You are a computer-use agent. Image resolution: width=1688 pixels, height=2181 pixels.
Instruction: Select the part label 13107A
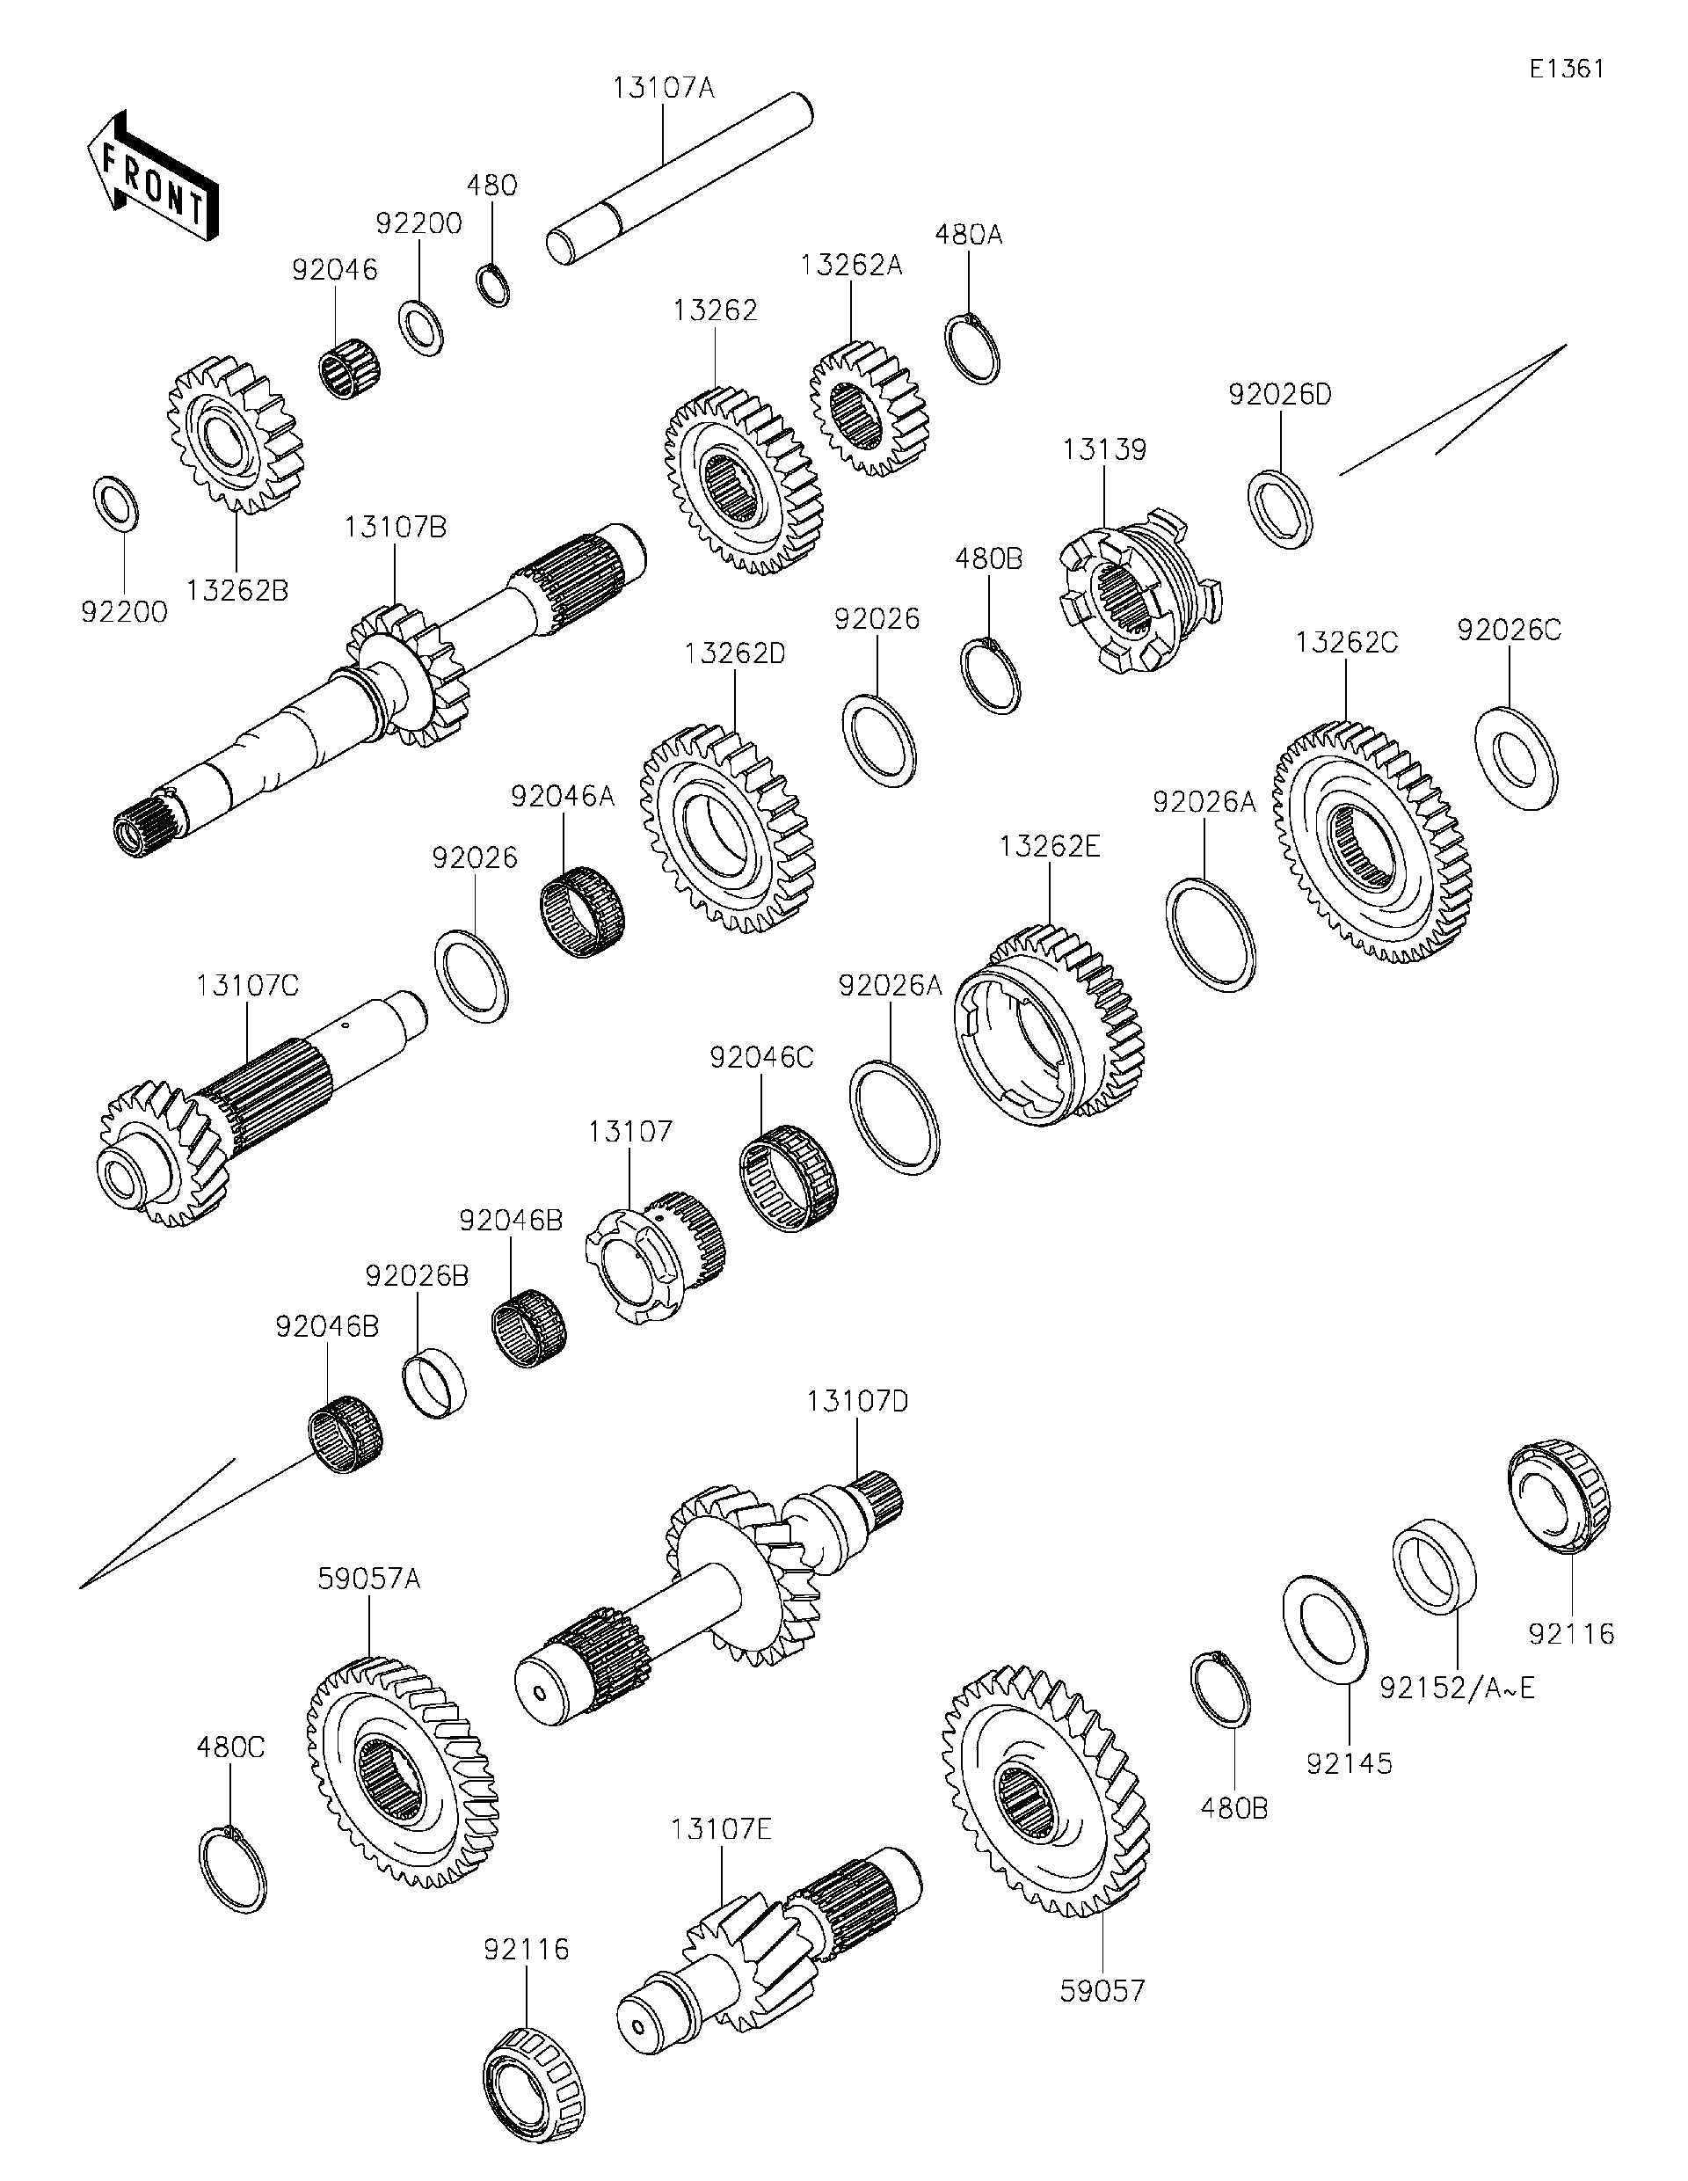[x=663, y=88]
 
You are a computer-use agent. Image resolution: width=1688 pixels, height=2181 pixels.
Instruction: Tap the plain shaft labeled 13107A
[x=679, y=179]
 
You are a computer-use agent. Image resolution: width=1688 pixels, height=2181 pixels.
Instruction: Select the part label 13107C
[x=248, y=986]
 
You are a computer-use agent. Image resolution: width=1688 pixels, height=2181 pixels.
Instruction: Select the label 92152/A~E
[x=1458, y=1689]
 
